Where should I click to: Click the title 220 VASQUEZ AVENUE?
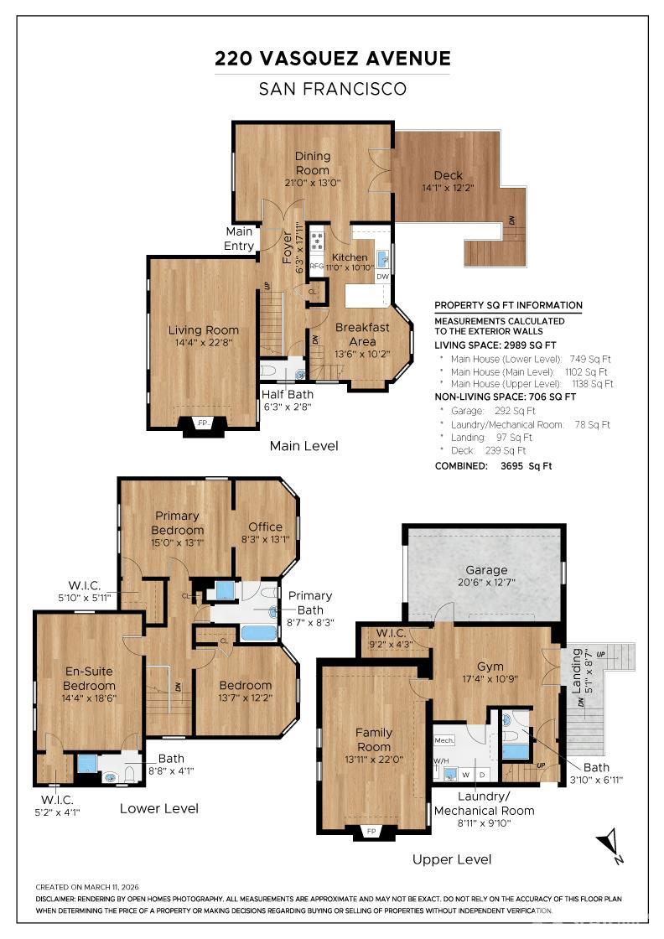pyautogui.click(x=332, y=59)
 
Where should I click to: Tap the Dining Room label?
pyautogui.click(x=312, y=163)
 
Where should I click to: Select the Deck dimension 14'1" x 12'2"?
pyautogui.click(x=448, y=189)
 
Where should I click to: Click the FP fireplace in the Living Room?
pyautogui.click(x=202, y=423)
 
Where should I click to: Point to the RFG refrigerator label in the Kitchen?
pyautogui.click(x=316, y=266)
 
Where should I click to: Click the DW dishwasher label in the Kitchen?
pyautogui.click(x=382, y=276)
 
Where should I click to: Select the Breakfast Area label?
pyautogui.click(x=362, y=334)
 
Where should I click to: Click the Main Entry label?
pyautogui.click(x=240, y=239)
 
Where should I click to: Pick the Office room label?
pyautogui.click(x=265, y=527)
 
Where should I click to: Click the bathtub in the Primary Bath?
pyautogui.click(x=257, y=632)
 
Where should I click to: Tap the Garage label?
pyautogui.click(x=486, y=570)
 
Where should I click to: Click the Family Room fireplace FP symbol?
pyautogui.click(x=373, y=832)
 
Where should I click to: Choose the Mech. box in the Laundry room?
pyautogui.click(x=444, y=740)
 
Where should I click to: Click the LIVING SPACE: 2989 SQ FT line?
pyautogui.click(x=495, y=345)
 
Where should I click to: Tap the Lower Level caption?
pyautogui.click(x=159, y=808)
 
